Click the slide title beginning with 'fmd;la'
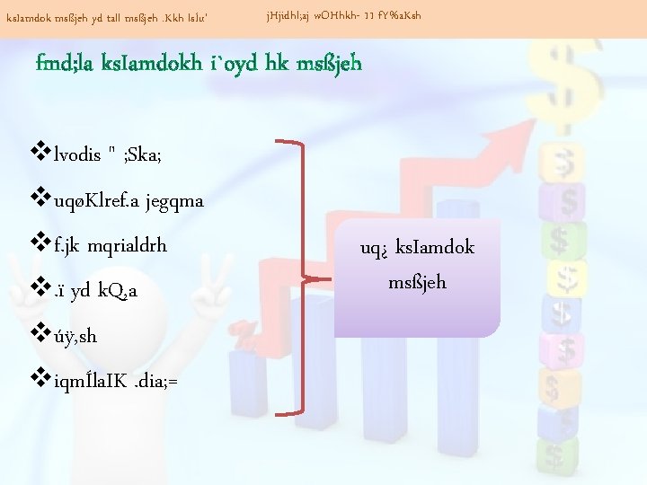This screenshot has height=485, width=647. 199,64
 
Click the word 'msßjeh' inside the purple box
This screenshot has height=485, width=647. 417,283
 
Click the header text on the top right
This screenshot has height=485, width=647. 343,16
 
